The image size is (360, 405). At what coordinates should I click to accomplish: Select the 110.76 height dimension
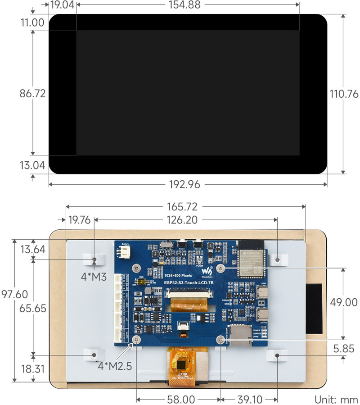point(344,94)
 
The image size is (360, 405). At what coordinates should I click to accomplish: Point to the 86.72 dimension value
point(32,94)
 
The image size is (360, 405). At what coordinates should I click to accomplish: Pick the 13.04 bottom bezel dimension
point(32,165)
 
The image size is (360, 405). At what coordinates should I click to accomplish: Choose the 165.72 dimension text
point(185,207)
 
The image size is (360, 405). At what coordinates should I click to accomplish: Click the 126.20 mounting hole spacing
point(185,220)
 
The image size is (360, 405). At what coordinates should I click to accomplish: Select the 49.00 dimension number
point(343,302)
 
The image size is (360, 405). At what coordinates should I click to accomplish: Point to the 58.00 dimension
point(179,399)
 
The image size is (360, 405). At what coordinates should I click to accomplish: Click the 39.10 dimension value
point(249,399)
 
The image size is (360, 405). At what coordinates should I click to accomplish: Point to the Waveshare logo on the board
point(207,272)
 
